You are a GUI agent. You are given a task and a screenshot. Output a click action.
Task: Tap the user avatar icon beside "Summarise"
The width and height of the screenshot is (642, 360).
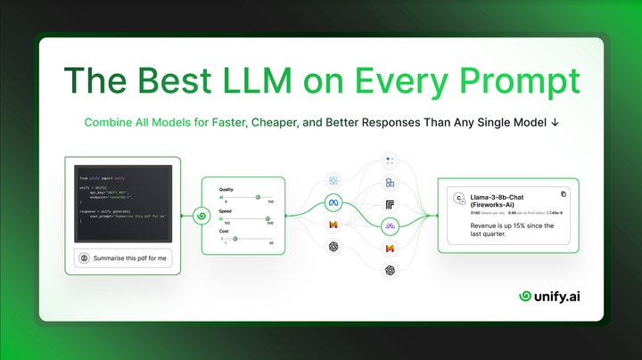pos(84,258)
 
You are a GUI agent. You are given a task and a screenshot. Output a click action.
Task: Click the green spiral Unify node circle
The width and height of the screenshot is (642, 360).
pos(201,216)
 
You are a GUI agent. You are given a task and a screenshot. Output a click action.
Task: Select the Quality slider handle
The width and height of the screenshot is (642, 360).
pos(258,197)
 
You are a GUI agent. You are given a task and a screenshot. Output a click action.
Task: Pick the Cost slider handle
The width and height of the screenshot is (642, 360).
pos(235,238)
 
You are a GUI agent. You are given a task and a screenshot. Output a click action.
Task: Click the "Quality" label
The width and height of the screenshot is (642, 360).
pos(227,190)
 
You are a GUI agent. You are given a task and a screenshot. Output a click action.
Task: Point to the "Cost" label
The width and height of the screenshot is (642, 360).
pos(224,231)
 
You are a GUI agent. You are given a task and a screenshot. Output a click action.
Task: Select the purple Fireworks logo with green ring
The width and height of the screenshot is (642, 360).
pos(390,227)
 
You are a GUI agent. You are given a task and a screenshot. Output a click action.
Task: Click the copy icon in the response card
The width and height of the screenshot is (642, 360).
pos(563,193)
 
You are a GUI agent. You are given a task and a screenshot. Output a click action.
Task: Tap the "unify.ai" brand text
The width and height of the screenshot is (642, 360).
pos(563,296)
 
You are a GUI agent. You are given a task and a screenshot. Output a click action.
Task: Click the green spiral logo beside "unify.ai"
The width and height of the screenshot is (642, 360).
pos(526,296)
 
